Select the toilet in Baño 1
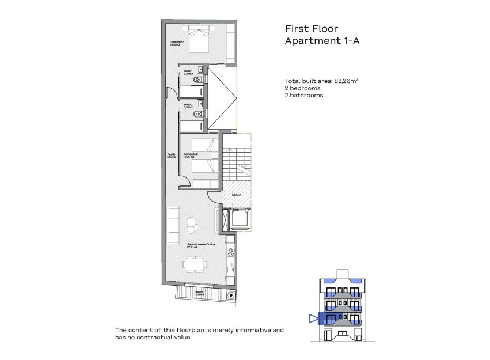click(x=199, y=79)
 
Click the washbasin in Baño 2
click(x=199, y=103)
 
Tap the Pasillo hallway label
click(x=172, y=156)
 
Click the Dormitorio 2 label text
click(x=191, y=156)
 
